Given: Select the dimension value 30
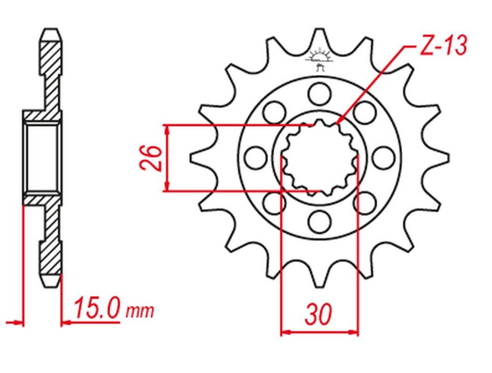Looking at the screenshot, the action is (x=318, y=314).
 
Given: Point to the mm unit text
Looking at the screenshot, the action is (x=140, y=311).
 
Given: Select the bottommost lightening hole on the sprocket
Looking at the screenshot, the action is (x=319, y=221).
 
